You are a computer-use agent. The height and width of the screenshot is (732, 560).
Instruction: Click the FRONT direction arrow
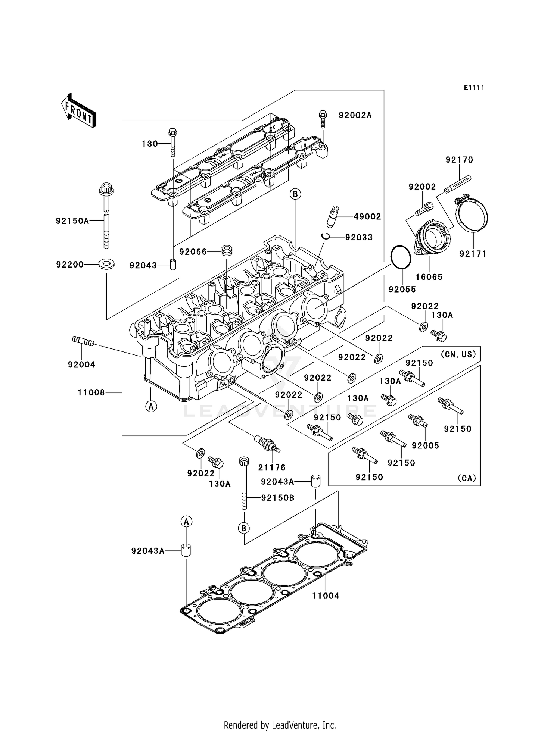click(x=78, y=111)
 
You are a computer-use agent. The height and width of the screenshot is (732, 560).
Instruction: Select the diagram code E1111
click(x=474, y=88)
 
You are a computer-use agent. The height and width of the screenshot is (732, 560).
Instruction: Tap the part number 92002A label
click(x=355, y=115)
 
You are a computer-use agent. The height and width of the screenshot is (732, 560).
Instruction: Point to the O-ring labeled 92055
click(x=401, y=257)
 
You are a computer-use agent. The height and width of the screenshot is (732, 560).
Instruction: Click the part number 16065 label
click(x=429, y=277)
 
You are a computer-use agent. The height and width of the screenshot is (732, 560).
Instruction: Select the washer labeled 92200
click(x=106, y=265)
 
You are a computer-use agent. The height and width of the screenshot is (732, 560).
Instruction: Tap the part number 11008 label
click(x=91, y=392)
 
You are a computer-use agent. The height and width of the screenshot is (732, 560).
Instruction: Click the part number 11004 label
click(x=326, y=596)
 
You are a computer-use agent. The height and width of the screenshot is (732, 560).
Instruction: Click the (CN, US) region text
click(x=458, y=354)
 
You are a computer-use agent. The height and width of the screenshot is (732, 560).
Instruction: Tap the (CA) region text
click(x=467, y=478)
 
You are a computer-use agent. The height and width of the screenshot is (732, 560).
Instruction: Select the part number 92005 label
click(x=425, y=445)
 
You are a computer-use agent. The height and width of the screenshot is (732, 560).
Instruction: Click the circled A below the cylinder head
click(x=151, y=406)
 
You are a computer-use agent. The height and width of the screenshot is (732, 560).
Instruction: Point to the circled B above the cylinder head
click(x=295, y=194)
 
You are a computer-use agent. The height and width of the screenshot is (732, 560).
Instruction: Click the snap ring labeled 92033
click(x=326, y=236)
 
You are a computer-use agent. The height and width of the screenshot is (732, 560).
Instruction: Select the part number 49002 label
click(x=367, y=217)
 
